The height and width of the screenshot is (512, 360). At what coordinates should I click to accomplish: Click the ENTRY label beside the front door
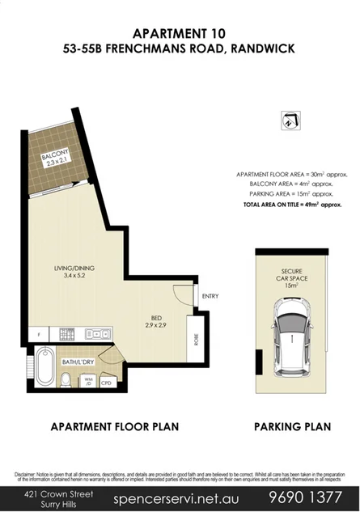pyautogui.click(x=210, y=296)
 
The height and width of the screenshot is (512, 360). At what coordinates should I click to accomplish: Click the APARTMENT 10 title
pyautogui.click(x=179, y=33)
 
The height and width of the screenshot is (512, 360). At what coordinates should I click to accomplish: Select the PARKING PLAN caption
pyautogui.click(x=291, y=426)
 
